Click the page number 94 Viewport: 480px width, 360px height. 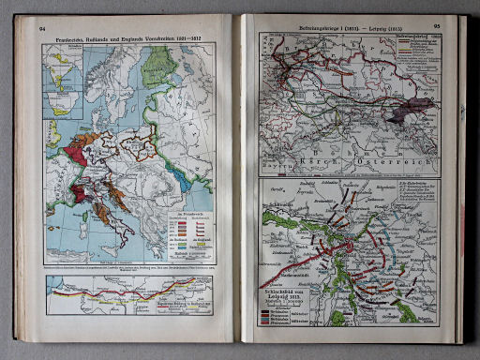coord(41,30)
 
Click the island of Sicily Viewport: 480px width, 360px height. coord(112,243)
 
